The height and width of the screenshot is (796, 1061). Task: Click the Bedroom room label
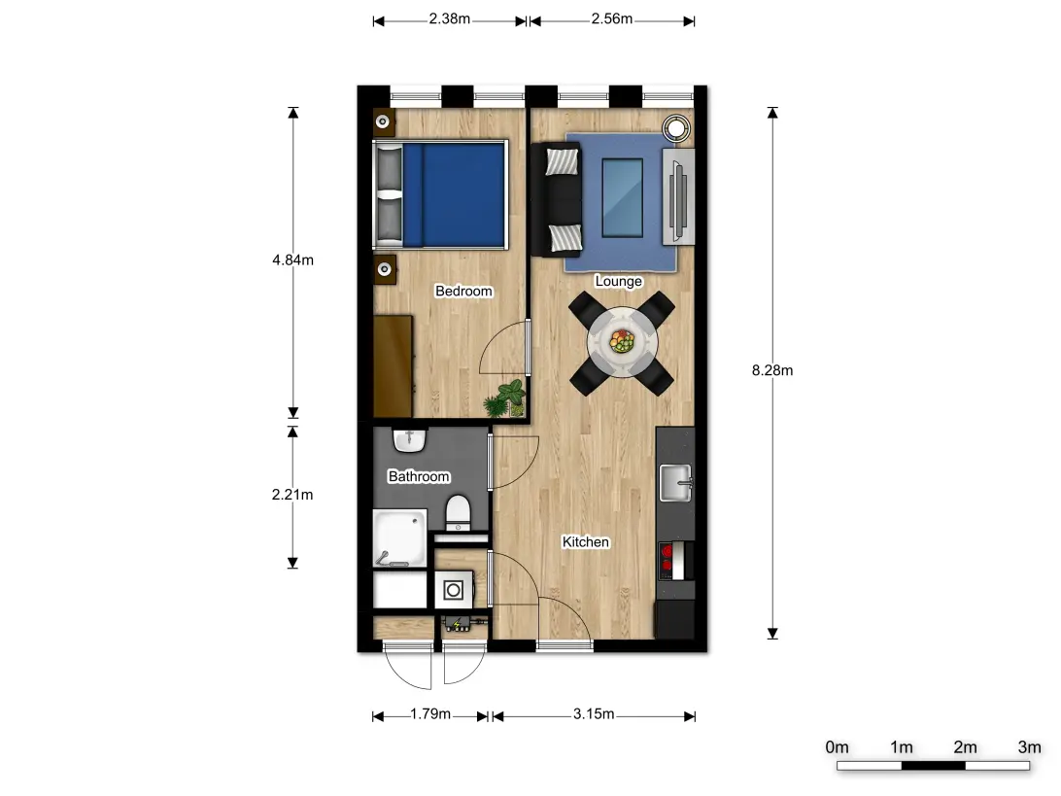point(463,292)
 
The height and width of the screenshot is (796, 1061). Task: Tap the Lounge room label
point(618,282)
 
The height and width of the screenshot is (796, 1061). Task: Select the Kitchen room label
point(586,542)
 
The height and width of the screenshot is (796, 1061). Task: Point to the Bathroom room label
point(419,477)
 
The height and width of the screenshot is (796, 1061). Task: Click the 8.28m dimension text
point(773,370)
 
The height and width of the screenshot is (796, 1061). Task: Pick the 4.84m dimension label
point(292,260)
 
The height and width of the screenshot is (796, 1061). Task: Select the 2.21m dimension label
point(292,495)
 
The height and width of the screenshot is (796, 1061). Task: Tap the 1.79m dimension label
point(429,714)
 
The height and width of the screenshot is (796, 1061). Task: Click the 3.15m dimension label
point(594,714)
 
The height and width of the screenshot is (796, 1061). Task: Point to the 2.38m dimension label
point(450,18)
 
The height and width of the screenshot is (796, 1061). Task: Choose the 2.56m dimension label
point(612,18)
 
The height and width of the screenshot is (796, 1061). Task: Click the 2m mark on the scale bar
point(965,747)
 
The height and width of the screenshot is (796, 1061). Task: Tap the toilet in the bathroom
point(457,510)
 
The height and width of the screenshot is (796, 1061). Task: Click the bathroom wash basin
point(410,440)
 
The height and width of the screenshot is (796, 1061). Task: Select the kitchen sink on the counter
point(675,481)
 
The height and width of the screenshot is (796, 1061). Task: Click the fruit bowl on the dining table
point(622,341)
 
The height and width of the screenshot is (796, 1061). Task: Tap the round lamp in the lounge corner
point(676,127)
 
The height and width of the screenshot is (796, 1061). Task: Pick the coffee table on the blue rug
point(622,198)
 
